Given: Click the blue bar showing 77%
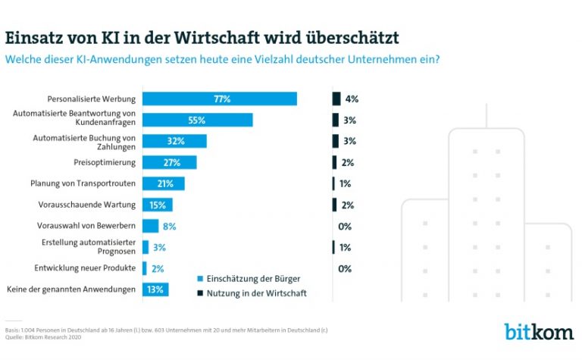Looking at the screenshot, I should click(x=220, y=99).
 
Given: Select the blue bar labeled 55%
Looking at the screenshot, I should click(x=197, y=120).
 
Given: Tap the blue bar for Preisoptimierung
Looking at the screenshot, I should click(x=170, y=162).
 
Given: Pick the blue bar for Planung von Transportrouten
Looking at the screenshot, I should click(x=164, y=183).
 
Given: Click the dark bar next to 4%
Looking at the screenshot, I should click(x=336, y=99).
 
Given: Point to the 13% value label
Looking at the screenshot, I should click(x=155, y=289).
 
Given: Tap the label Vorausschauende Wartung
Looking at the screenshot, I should click(x=87, y=205).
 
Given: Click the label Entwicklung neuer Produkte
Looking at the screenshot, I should click(x=86, y=268).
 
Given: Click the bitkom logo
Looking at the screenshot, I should click(x=540, y=331).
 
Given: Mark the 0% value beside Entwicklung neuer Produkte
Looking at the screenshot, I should click(x=345, y=268).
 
